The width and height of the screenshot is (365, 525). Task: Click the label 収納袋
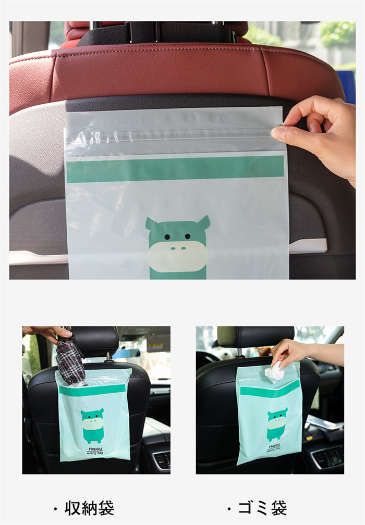[x=89, y=508]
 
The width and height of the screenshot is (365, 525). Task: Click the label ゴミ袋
[x=262, y=508]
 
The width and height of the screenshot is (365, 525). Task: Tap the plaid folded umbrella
[x=69, y=358]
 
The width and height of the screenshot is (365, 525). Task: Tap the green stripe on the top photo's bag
[x=175, y=169]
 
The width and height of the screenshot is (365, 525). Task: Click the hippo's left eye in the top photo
[x=167, y=236]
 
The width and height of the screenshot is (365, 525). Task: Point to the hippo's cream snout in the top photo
[x=177, y=256]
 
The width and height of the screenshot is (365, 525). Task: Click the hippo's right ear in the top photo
[x=203, y=222]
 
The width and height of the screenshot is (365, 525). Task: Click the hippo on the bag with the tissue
[x=277, y=424]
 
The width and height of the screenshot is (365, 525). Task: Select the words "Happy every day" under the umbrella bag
[x=95, y=451]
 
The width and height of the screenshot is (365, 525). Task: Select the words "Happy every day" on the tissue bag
[x=274, y=448]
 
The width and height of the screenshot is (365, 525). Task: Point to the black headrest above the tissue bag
[x=256, y=337]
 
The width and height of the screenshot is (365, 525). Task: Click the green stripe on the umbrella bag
[x=92, y=390]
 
